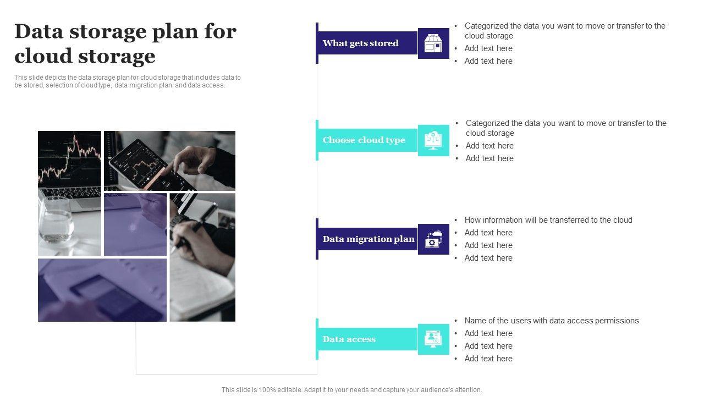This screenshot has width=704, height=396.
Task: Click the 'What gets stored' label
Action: [x=360, y=43]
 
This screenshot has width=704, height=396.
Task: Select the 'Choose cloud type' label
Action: [x=364, y=140]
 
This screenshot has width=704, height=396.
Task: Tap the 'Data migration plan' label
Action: [x=369, y=239]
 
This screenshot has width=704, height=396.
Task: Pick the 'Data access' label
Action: [x=349, y=339]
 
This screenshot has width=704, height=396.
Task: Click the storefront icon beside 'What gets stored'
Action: [x=433, y=43]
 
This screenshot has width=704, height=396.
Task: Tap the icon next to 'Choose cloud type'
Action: [x=433, y=140]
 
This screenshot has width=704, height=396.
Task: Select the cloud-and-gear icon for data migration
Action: [x=433, y=239]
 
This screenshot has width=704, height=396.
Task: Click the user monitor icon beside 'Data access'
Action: [x=433, y=339]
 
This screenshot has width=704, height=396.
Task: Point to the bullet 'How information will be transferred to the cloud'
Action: [x=548, y=220]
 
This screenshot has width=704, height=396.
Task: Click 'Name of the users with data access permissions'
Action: [x=552, y=321]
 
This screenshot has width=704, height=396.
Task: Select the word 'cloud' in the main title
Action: [x=43, y=56]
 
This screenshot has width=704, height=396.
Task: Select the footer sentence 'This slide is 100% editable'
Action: [x=351, y=390]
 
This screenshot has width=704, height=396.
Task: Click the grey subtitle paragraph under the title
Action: [x=128, y=81]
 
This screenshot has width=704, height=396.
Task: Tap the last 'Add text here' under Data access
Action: [x=488, y=358]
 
